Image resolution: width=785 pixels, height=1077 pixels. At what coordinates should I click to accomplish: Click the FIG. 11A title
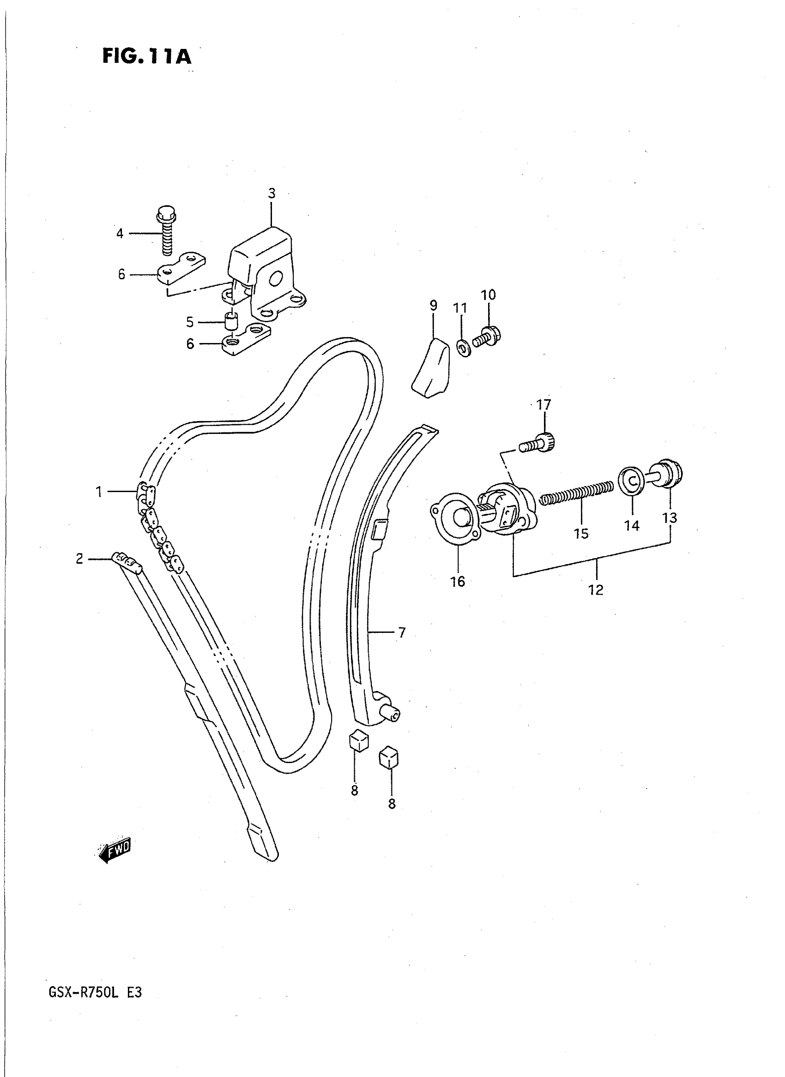click(x=146, y=56)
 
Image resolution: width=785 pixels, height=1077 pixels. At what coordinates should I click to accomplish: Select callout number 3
click(x=272, y=193)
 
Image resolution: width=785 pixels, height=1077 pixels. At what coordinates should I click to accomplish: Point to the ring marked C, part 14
click(x=632, y=481)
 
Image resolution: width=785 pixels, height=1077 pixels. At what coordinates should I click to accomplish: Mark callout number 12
click(x=595, y=590)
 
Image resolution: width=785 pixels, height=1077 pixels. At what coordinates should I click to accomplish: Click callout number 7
click(x=402, y=632)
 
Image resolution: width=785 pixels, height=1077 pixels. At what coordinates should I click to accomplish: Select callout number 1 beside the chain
click(x=99, y=492)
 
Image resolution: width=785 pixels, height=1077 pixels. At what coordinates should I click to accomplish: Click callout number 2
click(x=79, y=559)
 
